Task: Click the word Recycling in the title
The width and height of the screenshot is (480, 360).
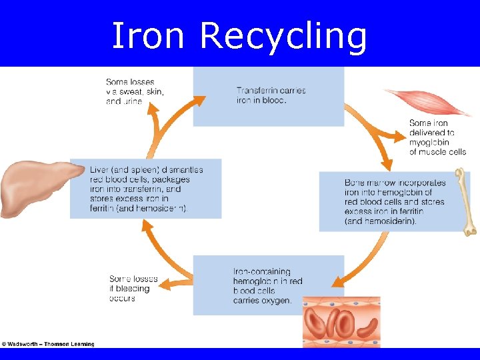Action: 283,37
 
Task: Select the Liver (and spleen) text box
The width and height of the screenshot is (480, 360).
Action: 145,189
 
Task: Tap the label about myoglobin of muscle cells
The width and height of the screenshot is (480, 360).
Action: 437,137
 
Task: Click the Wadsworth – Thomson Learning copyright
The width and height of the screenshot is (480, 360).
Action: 48,344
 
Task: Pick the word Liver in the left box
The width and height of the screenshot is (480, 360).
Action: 99,170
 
